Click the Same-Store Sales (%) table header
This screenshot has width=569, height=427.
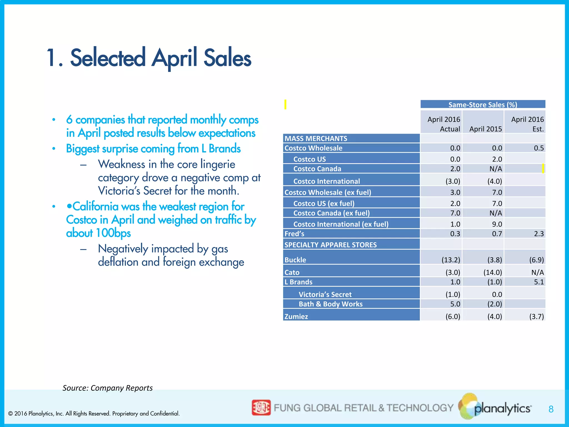483,105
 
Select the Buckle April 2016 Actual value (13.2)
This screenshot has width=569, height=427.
451,260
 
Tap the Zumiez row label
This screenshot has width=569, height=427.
296,316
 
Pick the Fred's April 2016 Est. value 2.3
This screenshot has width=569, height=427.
539,234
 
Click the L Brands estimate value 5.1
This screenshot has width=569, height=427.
539,282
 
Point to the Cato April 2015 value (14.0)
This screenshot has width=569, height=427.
493,272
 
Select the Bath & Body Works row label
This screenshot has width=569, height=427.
331,304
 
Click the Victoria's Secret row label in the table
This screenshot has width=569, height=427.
325,294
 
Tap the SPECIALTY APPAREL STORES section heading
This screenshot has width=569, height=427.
331,245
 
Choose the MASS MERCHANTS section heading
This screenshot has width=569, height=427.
316,138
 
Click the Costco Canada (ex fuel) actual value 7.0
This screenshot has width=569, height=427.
455,213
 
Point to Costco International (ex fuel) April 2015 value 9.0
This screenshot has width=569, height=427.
497,224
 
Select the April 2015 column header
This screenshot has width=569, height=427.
485,129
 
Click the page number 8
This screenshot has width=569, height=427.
551,409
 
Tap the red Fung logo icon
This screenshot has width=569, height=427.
261,408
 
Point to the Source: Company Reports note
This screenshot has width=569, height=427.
108,388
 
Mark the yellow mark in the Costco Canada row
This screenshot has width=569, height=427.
543,168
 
